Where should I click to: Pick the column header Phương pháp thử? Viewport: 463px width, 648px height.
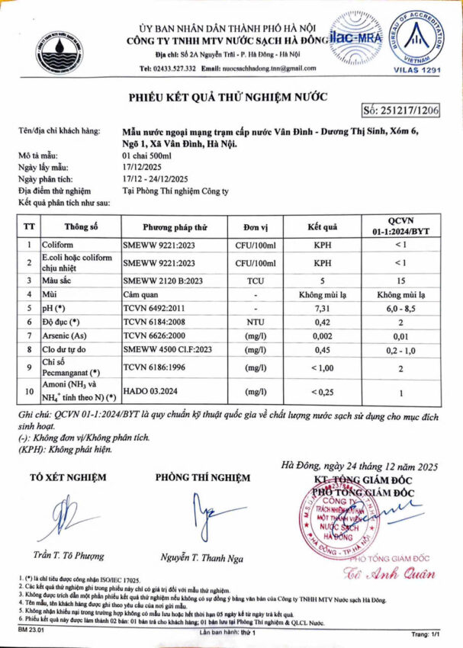pyautogui.click(x=175, y=227)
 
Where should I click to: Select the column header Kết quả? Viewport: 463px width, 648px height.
pyautogui.click(x=322, y=227)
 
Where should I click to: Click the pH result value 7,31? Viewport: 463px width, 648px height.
pyautogui.click(x=322, y=309)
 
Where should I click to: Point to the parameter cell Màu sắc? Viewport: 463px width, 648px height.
pyautogui.click(x=57, y=280)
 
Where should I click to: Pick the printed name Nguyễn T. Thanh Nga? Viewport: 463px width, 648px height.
pyautogui.click(x=201, y=558)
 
